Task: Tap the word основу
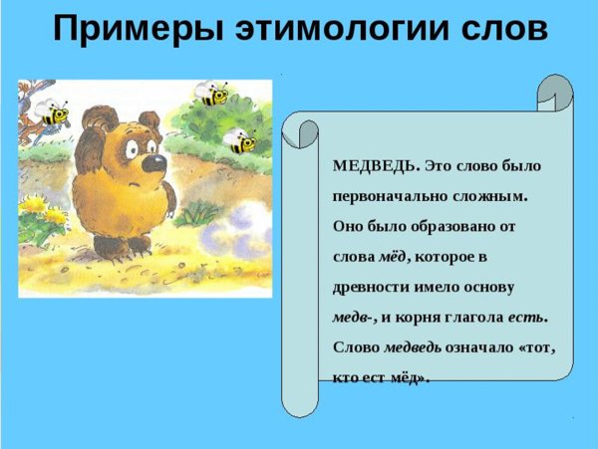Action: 489,287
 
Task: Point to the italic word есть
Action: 526,318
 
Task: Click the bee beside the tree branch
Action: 53,112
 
